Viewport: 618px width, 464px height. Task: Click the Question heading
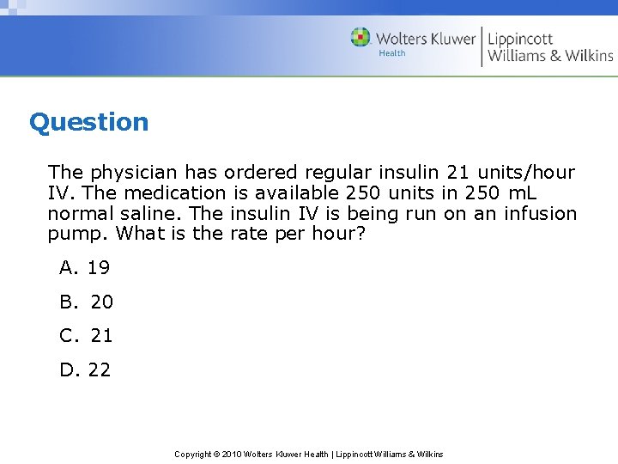(88, 122)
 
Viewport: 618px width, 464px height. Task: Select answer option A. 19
(84, 268)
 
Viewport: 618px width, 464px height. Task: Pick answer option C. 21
(86, 336)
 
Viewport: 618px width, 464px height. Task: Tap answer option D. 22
(85, 370)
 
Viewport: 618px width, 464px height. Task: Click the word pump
(77, 234)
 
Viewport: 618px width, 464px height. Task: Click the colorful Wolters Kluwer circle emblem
(360, 38)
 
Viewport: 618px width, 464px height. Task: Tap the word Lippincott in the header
(521, 39)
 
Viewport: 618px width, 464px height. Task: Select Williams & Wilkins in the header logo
(550, 56)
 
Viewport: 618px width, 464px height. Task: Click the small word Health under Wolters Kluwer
(392, 53)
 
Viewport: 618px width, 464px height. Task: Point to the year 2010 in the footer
(232, 455)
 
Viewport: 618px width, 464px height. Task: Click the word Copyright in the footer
(194, 455)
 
